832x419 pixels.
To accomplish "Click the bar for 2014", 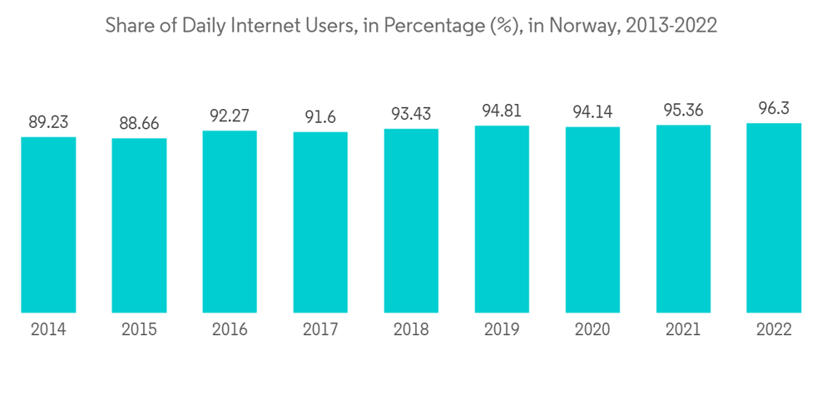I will pyautogui.click(x=48, y=224).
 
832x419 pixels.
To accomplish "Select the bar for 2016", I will pyautogui.click(x=230, y=222).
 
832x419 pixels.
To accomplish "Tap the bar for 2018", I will pyautogui.click(x=411, y=221).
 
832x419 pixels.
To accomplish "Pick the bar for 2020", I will pyautogui.click(x=592, y=220).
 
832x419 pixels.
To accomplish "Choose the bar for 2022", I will pyautogui.click(x=774, y=218).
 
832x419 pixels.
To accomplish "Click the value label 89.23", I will pyautogui.click(x=48, y=121).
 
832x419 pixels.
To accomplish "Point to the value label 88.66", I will pyautogui.click(x=139, y=123).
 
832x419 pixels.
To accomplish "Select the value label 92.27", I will pyautogui.click(x=230, y=116).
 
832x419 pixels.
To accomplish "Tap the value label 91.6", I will pyautogui.click(x=320, y=117).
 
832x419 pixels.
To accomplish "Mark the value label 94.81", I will pyautogui.click(x=502, y=111).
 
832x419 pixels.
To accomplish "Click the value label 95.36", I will pyautogui.click(x=683, y=110).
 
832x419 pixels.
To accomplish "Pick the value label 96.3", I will pyautogui.click(x=774, y=108).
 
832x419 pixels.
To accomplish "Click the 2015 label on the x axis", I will pyautogui.click(x=139, y=330).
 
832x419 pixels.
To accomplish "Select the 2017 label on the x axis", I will pyautogui.click(x=320, y=330).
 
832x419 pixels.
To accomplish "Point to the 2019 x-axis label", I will pyautogui.click(x=502, y=330).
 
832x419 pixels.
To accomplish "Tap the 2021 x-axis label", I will pyautogui.click(x=683, y=330).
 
